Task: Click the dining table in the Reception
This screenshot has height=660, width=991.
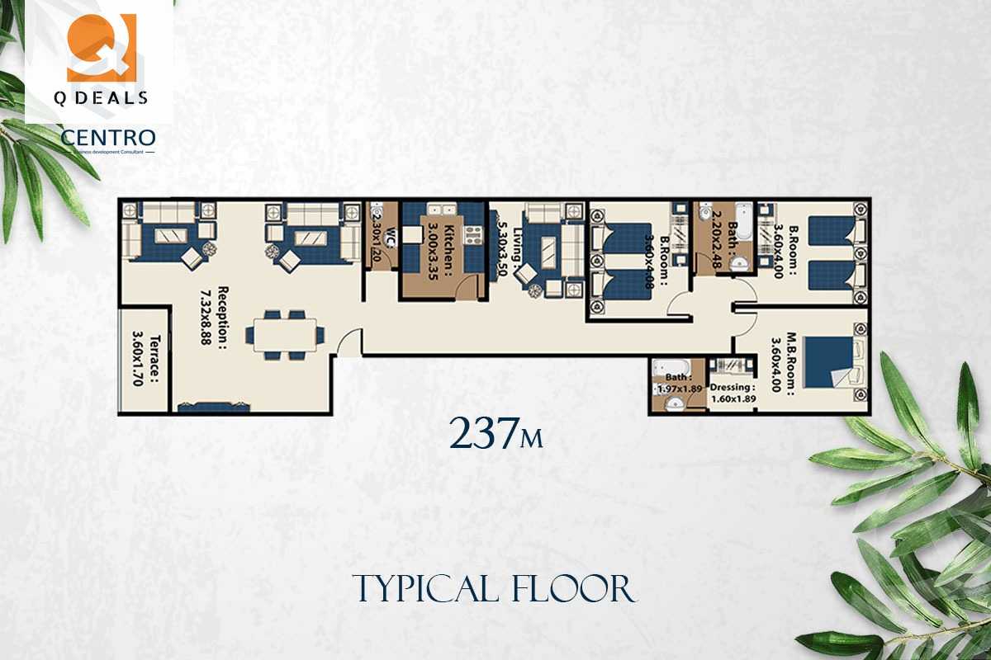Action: [286, 334]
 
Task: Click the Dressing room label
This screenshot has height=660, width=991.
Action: [733, 386]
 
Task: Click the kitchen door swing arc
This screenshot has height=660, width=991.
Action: [467, 285]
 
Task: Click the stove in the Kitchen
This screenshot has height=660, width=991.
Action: [472, 235]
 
